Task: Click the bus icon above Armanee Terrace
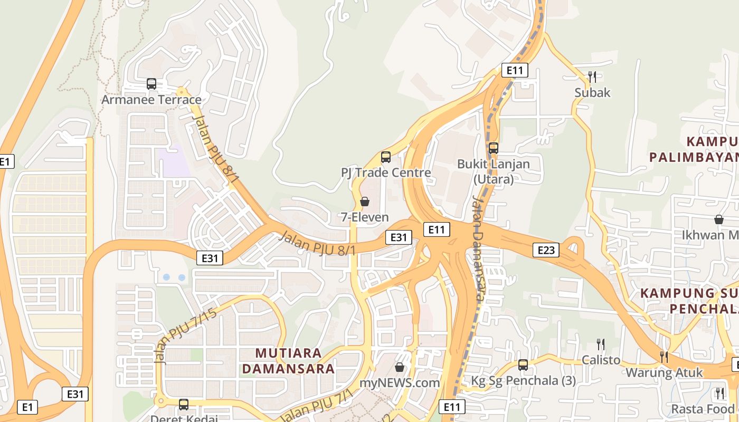151,84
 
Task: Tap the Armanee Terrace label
151,100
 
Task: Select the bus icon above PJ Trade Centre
386,157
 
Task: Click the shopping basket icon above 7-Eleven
364,202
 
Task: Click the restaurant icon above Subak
592,77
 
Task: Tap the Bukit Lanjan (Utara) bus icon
494,148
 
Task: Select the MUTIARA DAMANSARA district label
288,361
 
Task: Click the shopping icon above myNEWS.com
400,367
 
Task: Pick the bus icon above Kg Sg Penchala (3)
523,365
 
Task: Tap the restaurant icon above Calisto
601,344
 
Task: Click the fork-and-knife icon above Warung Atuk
664,357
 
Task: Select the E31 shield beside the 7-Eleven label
399,237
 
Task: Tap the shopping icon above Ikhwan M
718,219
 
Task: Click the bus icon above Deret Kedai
184,405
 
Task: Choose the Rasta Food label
703,409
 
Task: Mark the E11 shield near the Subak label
515,70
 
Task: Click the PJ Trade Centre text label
386,172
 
